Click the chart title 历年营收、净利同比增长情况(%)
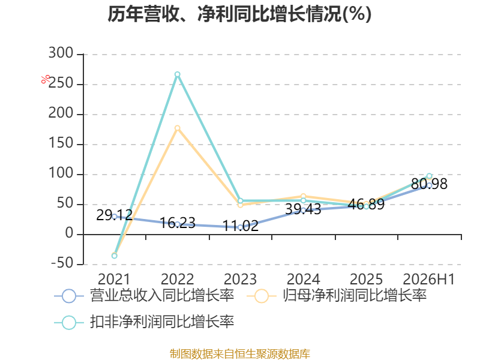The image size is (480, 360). click(x=239, y=14)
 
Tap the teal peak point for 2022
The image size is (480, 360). click(x=177, y=74)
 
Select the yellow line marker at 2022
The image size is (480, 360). click(x=177, y=128)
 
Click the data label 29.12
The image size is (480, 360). click(x=114, y=215)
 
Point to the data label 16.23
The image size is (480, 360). click(x=178, y=223)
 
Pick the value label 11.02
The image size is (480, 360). click(x=241, y=226)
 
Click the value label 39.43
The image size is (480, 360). click(x=303, y=209)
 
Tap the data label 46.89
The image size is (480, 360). click(x=366, y=204)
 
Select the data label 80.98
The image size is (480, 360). click(x=429, y=184)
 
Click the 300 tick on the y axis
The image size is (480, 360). click(x=61, y=53)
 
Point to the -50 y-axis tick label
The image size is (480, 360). click(x=62, y=263)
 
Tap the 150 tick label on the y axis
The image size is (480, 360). click(x=61, y=143)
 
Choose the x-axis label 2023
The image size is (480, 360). click(x=241, y=279)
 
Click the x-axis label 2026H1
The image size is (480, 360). click(x=428, y=279)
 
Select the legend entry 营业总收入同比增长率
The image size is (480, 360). click(x=144, y=296)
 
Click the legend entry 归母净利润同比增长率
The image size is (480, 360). click(x=337, y=296)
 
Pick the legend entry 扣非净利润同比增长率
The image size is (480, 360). click(x=144, y=322)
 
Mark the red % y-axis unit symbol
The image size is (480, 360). click(x=46, y=79)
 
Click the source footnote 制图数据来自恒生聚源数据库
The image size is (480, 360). click(x=240, y=354)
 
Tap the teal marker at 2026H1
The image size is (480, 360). click(x=429, y=176)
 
